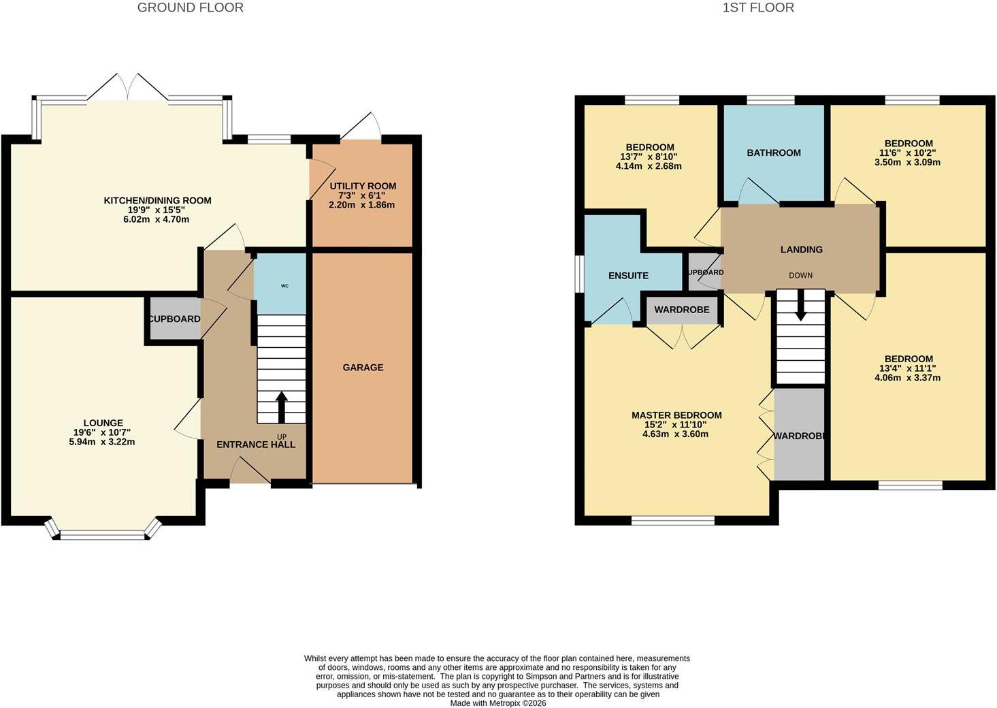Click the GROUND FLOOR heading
click(190, 7)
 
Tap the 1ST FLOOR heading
click(758, 7)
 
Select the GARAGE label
click(363, 368)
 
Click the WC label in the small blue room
click(285, 286)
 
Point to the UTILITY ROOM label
click(363, 186)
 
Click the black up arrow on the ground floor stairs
click(281, 407)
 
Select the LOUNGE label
click(103, 423)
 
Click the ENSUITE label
click(628, 276)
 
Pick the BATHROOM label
click(774, 152)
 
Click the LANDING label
click(801, 249)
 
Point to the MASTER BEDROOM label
click(676, 415)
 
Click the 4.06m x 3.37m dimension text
click(908, 378)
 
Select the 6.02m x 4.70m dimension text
click(157, 219)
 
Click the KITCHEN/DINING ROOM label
click(158, 200)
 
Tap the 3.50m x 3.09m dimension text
click(908, 162)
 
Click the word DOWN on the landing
click(800, 275)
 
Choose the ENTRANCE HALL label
click(256, 445)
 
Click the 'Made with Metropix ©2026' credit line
click(498, 703)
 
